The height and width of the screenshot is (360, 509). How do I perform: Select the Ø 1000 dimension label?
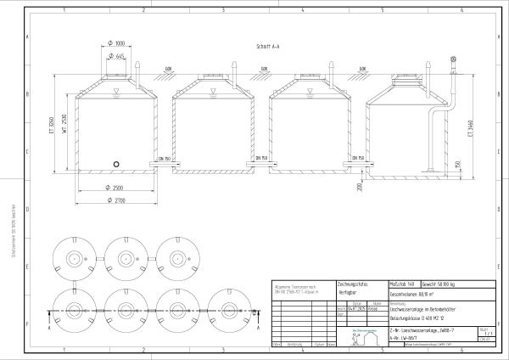pos(117,42)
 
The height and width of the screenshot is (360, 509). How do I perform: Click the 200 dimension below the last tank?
pos(361,186)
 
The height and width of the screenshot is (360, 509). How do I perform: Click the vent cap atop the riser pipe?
pos(454,59)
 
